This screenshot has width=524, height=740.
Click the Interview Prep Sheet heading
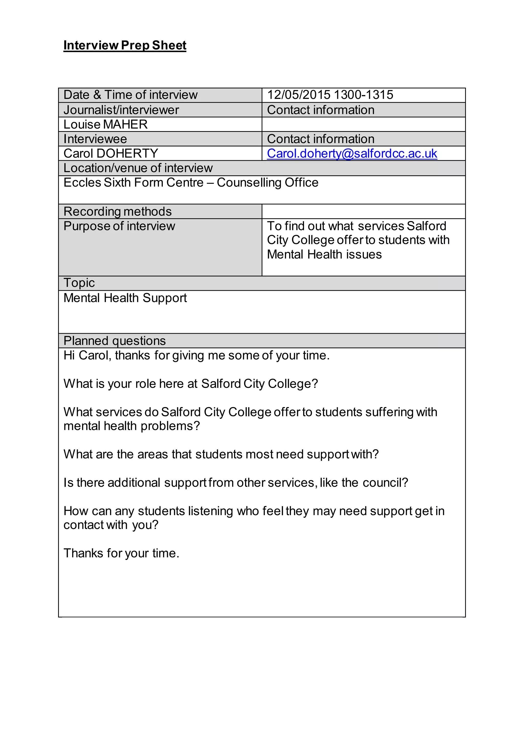point(125,45)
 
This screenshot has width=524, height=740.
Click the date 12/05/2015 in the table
point(299,95)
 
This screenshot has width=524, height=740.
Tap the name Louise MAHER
point(105,124)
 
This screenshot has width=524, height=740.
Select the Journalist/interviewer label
point(121,110)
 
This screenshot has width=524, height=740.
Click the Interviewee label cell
point(95,139)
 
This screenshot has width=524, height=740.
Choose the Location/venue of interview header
point(138,168)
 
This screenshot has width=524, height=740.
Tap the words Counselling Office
point(267,182)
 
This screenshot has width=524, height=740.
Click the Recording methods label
point(117,211)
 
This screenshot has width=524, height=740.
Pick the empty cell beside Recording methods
point(363,211)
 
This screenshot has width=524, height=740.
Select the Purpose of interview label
point(119,226)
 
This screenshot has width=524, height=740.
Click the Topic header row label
point(79,283)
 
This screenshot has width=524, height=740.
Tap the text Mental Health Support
point(125,298)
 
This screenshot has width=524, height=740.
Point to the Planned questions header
point(115,341)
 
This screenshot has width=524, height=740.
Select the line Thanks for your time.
point(121,553)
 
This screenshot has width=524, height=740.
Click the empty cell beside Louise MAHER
point(363,124)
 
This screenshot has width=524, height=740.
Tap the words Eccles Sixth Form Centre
point(133,182)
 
